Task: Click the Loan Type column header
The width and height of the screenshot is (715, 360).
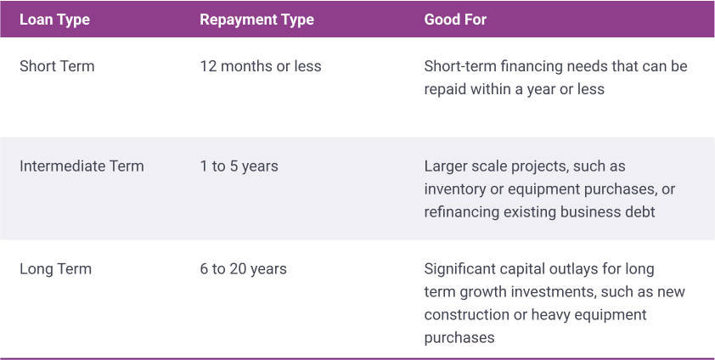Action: click(x=54, y=20)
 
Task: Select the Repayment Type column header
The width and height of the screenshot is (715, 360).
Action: click(x=256, y=20)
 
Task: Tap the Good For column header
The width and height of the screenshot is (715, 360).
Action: click(x=455, y=20)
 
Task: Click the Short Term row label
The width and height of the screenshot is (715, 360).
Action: click(x=57, y=66)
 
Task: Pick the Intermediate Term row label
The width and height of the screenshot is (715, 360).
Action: click(x=82, y=166)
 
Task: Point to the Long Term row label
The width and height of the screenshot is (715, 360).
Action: click(x=56, y=269)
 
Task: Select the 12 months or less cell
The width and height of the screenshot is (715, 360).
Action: click(x=261, y=66)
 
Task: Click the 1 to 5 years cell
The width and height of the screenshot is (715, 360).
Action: click(x=239, y=166)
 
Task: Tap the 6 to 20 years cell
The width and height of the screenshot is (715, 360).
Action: click(x=243, y=269)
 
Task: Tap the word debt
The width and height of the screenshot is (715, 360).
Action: click(x=639, y=212)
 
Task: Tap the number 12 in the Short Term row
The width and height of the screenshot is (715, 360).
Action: click(x=207, y=66)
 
